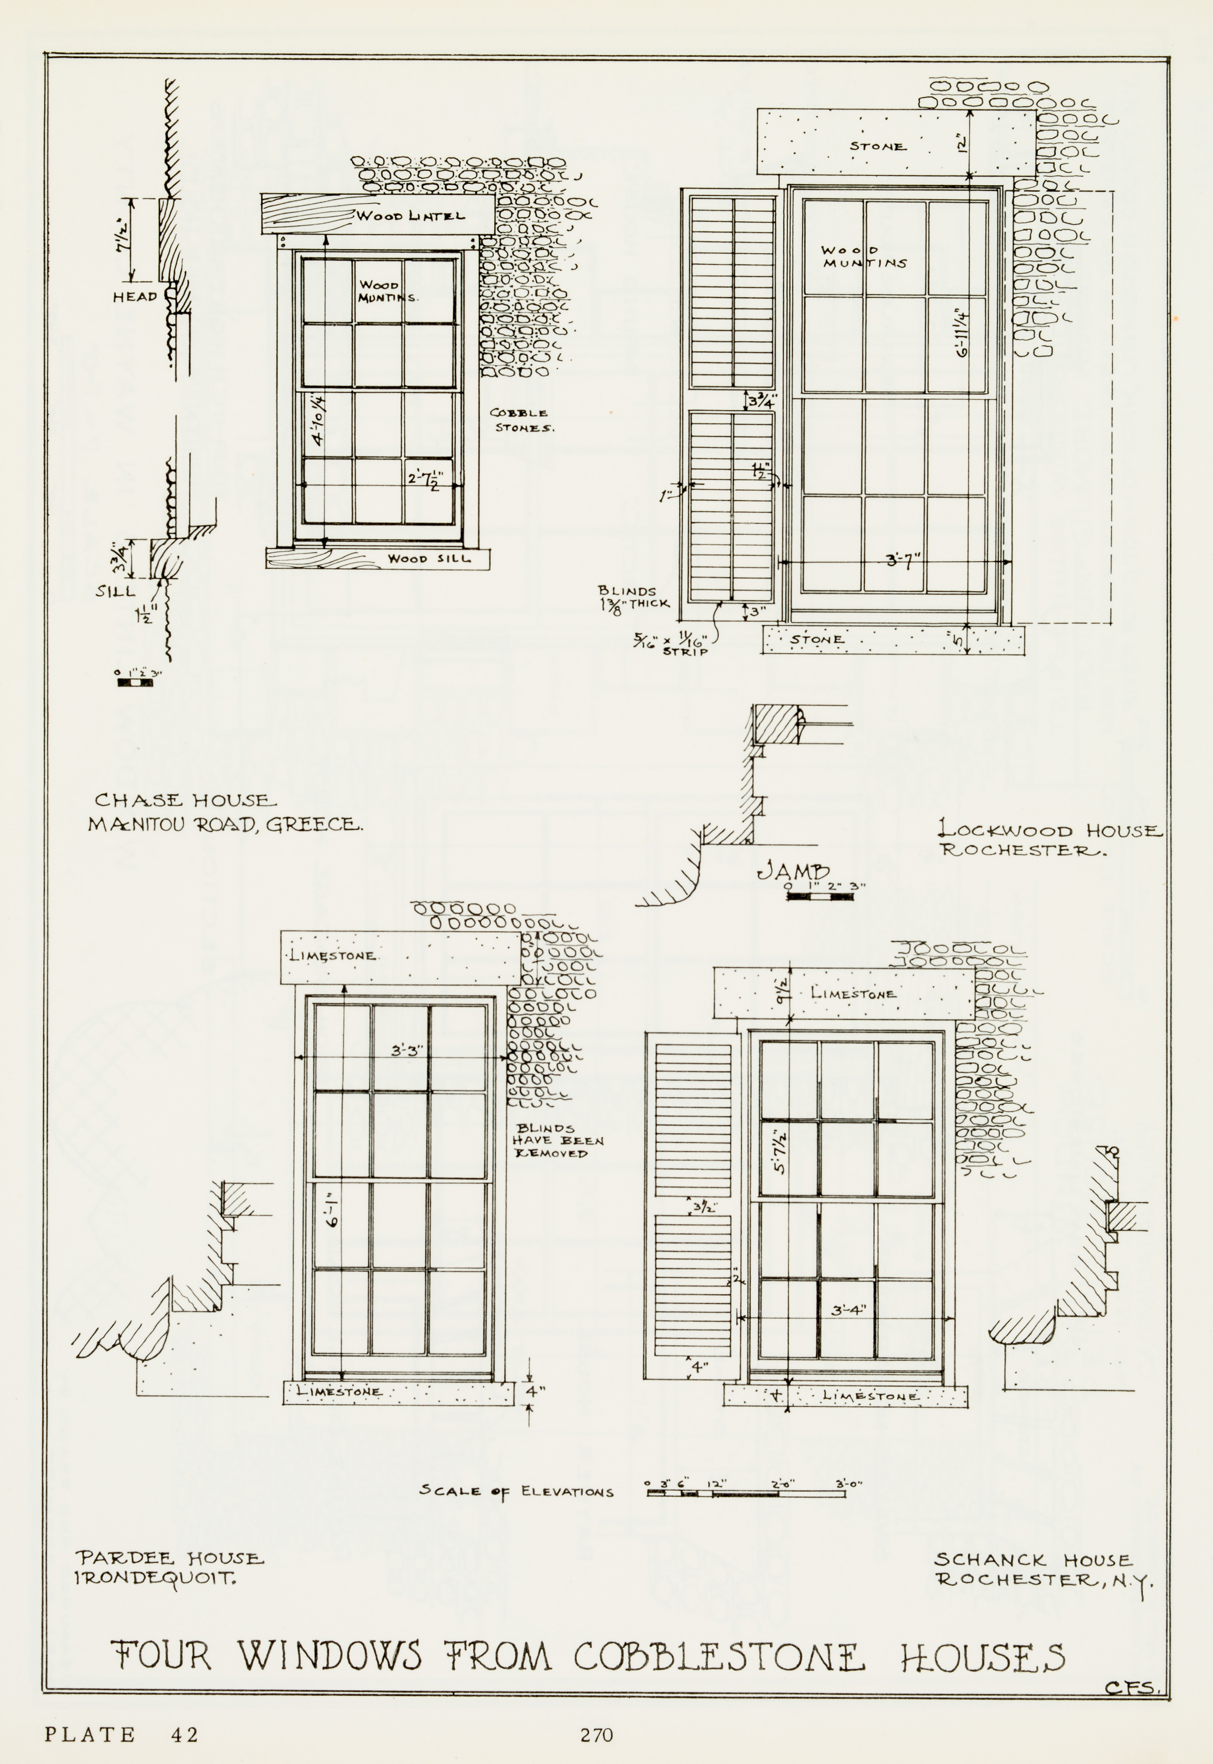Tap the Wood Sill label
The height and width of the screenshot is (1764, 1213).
coord(429,558)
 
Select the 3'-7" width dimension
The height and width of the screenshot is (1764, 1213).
coord(903,561)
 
